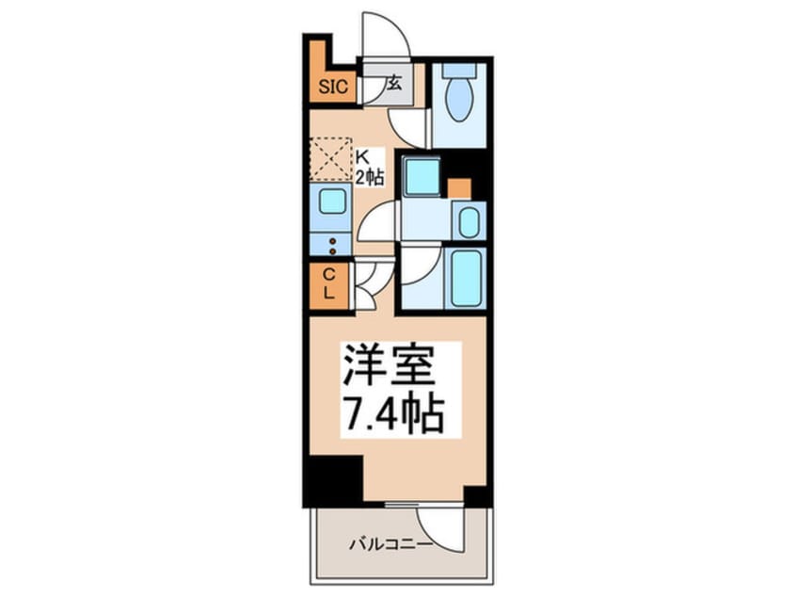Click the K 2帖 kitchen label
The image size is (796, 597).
(x=368, y=167)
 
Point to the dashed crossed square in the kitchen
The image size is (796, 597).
(x=330, y=158)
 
